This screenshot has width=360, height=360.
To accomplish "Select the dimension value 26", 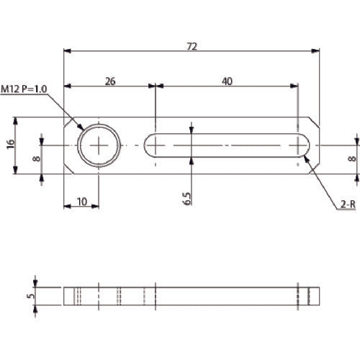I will pyautogui.click(x=110, y=81).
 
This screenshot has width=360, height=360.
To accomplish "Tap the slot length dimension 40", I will pyautogui.click(x=227, y=81).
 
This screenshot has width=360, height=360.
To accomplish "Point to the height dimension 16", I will pyautogui.click(x=10, y=145).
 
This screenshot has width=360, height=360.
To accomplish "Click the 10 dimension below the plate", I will pyautogui.click(x=83, y=202).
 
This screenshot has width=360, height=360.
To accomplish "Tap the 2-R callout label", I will pyautogui.click(x=346, y=205).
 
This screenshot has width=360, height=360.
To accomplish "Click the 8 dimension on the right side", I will pyautogui.click(x=351, y=158).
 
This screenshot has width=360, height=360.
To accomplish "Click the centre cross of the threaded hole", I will pyautogui.click(x=100, y=145).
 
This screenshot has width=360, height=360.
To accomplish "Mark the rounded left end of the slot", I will pyautogui.click(x=148, y=145).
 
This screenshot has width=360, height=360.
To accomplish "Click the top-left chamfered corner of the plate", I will pyautogui.click(x=70, y=124).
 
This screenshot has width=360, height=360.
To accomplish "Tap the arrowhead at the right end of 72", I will pyautogui.click(x=317, y=51).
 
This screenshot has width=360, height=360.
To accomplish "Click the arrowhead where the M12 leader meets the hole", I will pyautogui.click(x=81, y=129).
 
